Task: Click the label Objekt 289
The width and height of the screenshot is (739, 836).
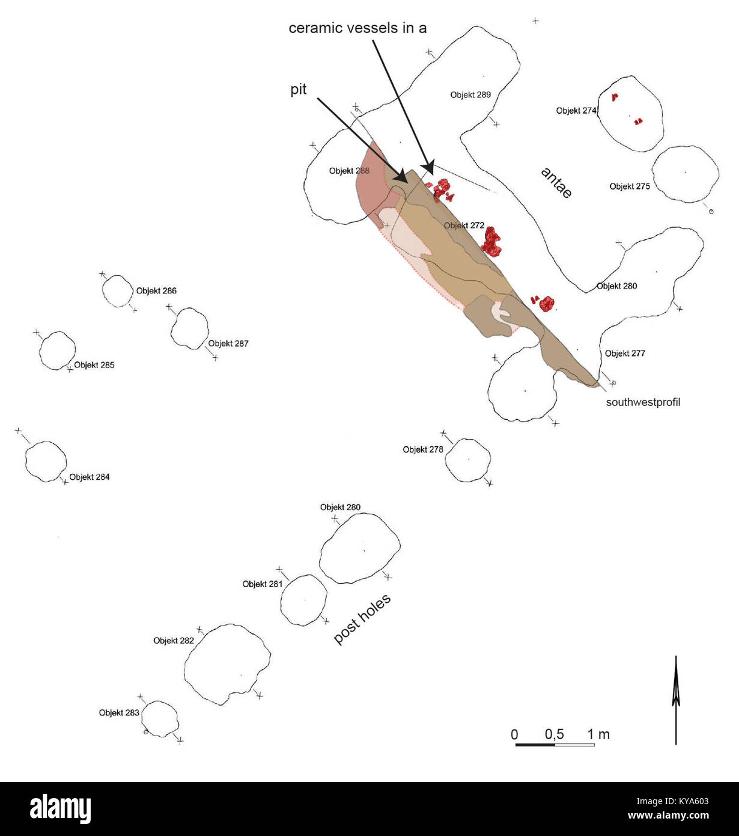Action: click(470, 95)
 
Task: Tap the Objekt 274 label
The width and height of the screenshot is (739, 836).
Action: click(576, 111)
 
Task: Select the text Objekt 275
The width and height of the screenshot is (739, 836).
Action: click(630, 186)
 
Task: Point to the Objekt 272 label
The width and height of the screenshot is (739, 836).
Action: click(464, 226)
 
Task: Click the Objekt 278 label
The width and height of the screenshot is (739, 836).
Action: click(423, 449)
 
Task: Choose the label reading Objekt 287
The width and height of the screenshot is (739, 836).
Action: click(228, 343)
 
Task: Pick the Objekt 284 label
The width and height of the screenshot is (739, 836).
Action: click(90, 477)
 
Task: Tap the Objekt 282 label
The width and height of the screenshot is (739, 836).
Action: click(174, 641)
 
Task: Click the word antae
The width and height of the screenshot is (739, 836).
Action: click(556, 183)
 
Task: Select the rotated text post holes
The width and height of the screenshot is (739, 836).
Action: click(362, 619)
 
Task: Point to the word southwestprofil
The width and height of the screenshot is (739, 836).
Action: click(643, 402)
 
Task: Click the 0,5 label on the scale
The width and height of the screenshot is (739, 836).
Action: click(555, 734)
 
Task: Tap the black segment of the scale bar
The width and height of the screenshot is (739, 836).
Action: click(535, 745)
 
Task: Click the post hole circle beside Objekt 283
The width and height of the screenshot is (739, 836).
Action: click(160, 719)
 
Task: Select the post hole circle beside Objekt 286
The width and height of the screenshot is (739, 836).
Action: click(118, 291)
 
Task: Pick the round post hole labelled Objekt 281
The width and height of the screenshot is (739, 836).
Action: click(304, 600)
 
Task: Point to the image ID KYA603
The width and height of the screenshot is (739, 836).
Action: click(673, 801)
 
